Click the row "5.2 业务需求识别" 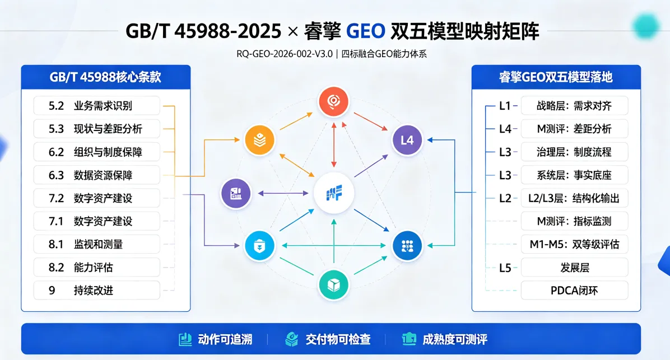[97, 105]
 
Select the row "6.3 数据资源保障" [97, 175]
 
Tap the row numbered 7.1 [97, 221]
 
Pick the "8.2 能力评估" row [97, 267]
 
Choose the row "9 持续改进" [97, 291]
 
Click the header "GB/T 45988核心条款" [105, 77]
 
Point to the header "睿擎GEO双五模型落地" [556, 77]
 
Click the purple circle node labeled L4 [407, 140]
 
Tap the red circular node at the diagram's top [333, 102]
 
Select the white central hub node [334, 193]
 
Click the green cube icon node [333, 285]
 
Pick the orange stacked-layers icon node [259, 140]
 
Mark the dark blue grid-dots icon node [407, 246]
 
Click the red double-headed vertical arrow [334, 145]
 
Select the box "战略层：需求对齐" [574, 105]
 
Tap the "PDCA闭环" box [574, 291]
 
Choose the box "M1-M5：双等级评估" [574, 244]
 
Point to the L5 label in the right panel [505, 268]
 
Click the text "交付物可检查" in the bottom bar [338, 339]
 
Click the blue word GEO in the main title [366, 31]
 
